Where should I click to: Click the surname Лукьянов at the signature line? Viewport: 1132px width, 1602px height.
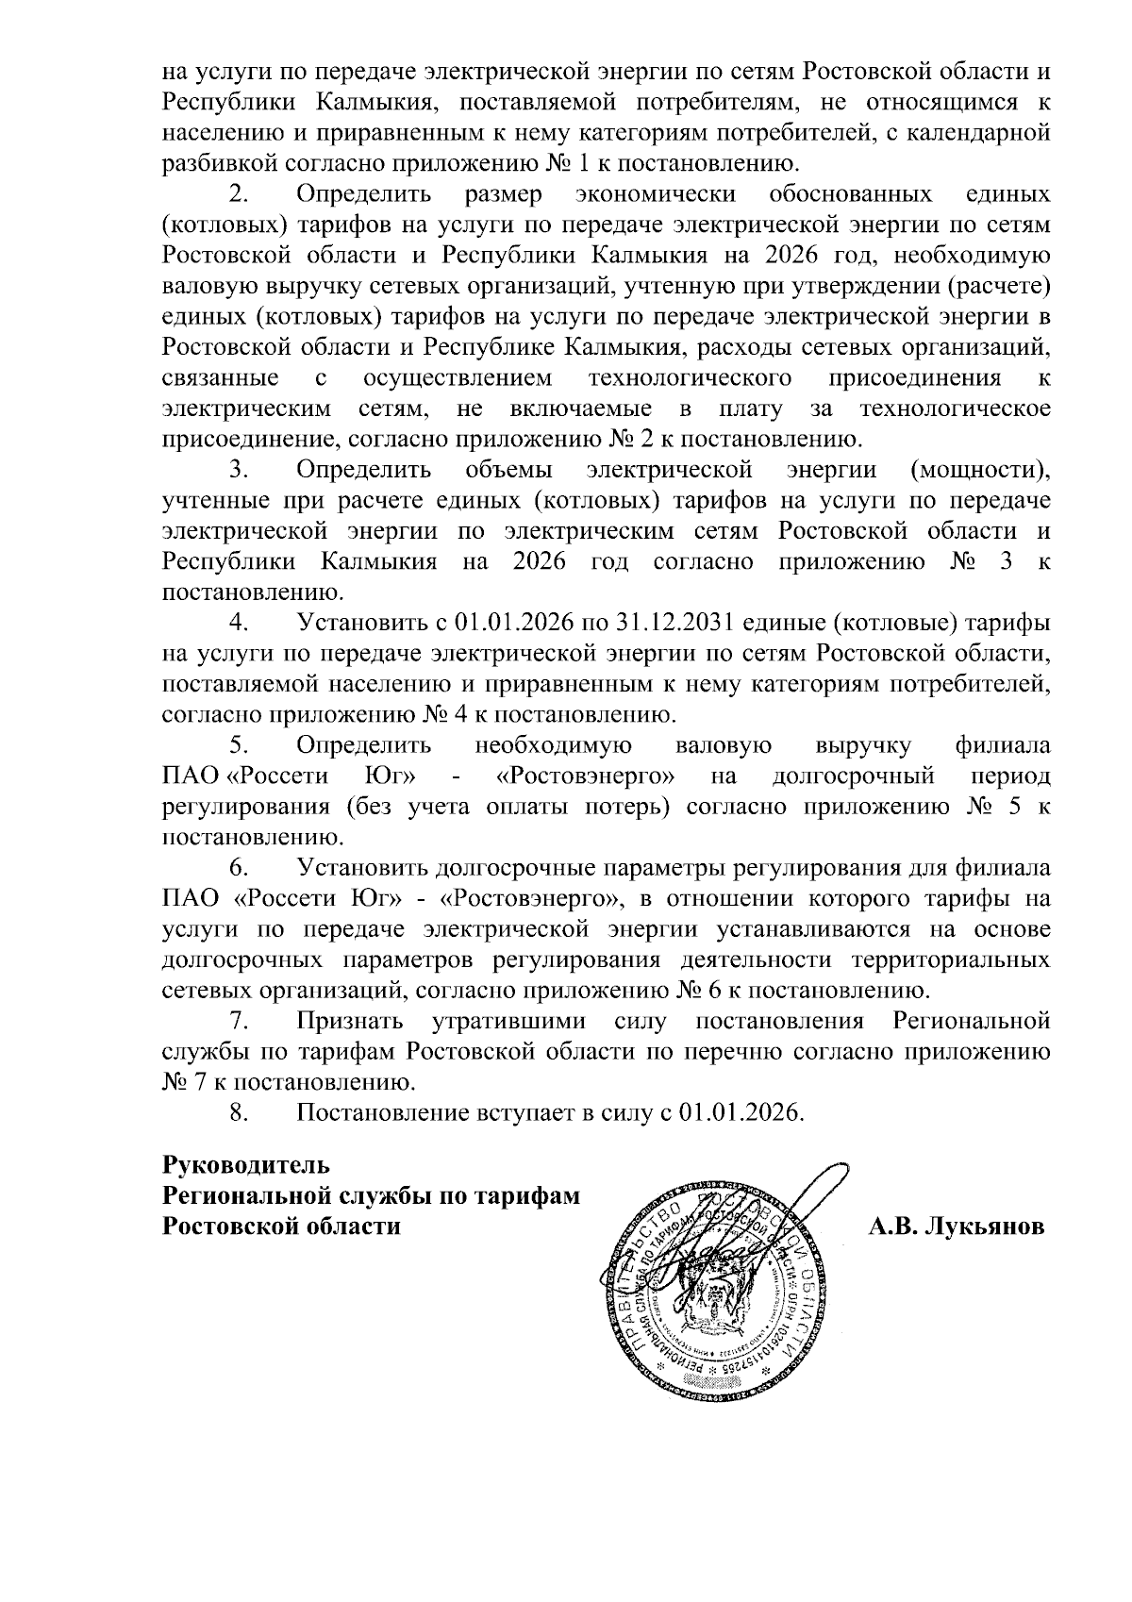pos(984,1227)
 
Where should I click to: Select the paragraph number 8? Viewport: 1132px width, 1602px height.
pos(239,1112)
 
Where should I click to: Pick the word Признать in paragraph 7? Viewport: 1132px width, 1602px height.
pos(350,1021)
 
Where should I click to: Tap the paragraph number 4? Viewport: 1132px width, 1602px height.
pos(239,623)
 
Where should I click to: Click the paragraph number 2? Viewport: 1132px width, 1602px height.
pos(239,195)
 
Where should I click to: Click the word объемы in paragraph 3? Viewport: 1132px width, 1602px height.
pos(509,470)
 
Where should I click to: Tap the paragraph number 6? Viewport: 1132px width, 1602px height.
pos(239,868)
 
